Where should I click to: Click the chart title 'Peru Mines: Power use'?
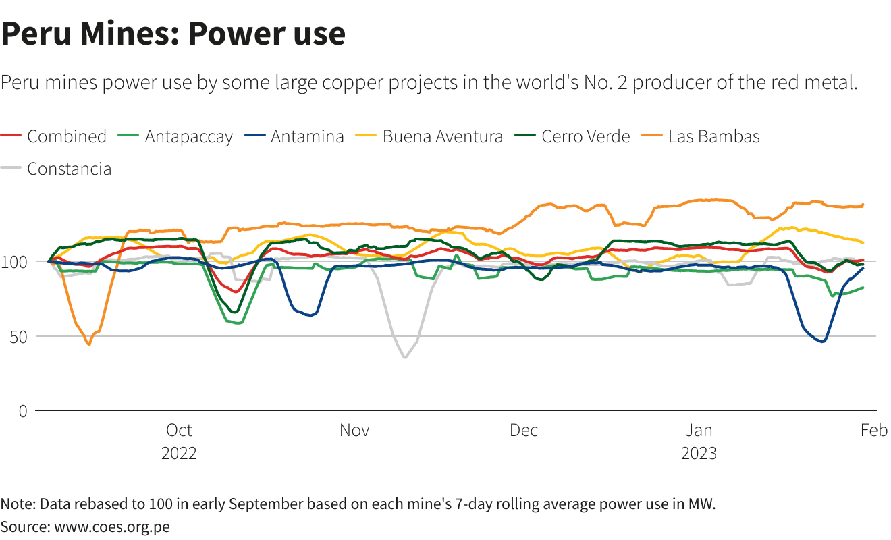tap(173, 34)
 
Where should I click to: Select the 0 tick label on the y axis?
tap(23, 411)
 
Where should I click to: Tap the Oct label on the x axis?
tap(179, 430)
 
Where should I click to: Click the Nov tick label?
tap(354, 430)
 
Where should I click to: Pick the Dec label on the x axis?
tap(524, 430)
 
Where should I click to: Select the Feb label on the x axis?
tap(873, 430)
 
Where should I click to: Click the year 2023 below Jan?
tap(699, 452)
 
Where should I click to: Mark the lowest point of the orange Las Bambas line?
tap(88, 344)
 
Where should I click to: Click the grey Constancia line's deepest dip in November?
tap(405, 357)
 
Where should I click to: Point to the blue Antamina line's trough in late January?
tap(823, 342)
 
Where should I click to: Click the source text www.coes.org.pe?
tap(112, 526)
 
